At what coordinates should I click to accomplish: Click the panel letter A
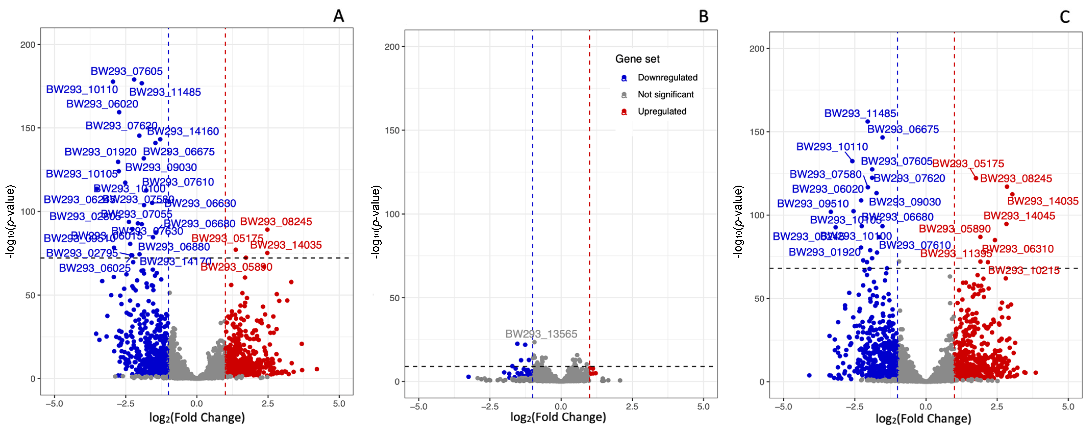pos(338,16)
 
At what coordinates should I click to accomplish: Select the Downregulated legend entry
pos(667,78)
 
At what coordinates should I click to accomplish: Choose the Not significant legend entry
pos(665,95)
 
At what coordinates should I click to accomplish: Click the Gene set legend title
pos(637,59)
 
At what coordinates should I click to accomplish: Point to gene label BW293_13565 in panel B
pos(541,334)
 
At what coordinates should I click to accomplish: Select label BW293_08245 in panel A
pos(276,222)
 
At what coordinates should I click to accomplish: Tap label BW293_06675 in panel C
pos(903,129)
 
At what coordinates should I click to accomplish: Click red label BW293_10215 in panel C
pos(1023,270)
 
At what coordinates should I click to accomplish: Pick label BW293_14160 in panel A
pos(183,131)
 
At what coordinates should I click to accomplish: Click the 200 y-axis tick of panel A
pos(28,44)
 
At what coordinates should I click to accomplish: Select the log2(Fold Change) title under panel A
pos(197,418)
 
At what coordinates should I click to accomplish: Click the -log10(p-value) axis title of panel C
pos(738,222)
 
